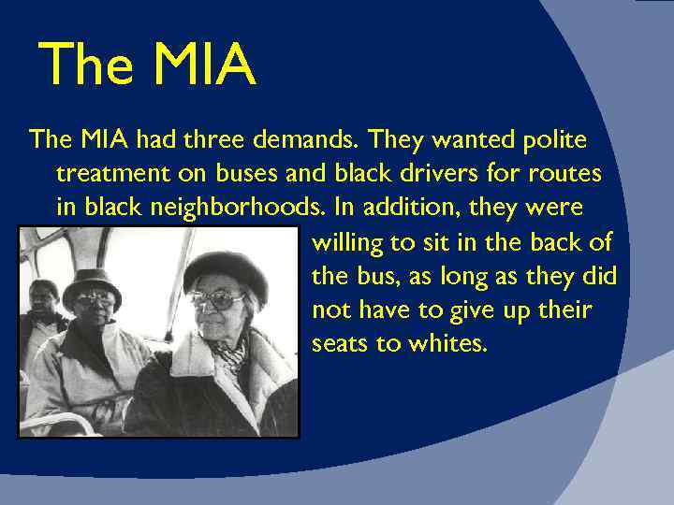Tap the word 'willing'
[x=346, y=243]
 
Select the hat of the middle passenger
[x=92, y=280]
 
